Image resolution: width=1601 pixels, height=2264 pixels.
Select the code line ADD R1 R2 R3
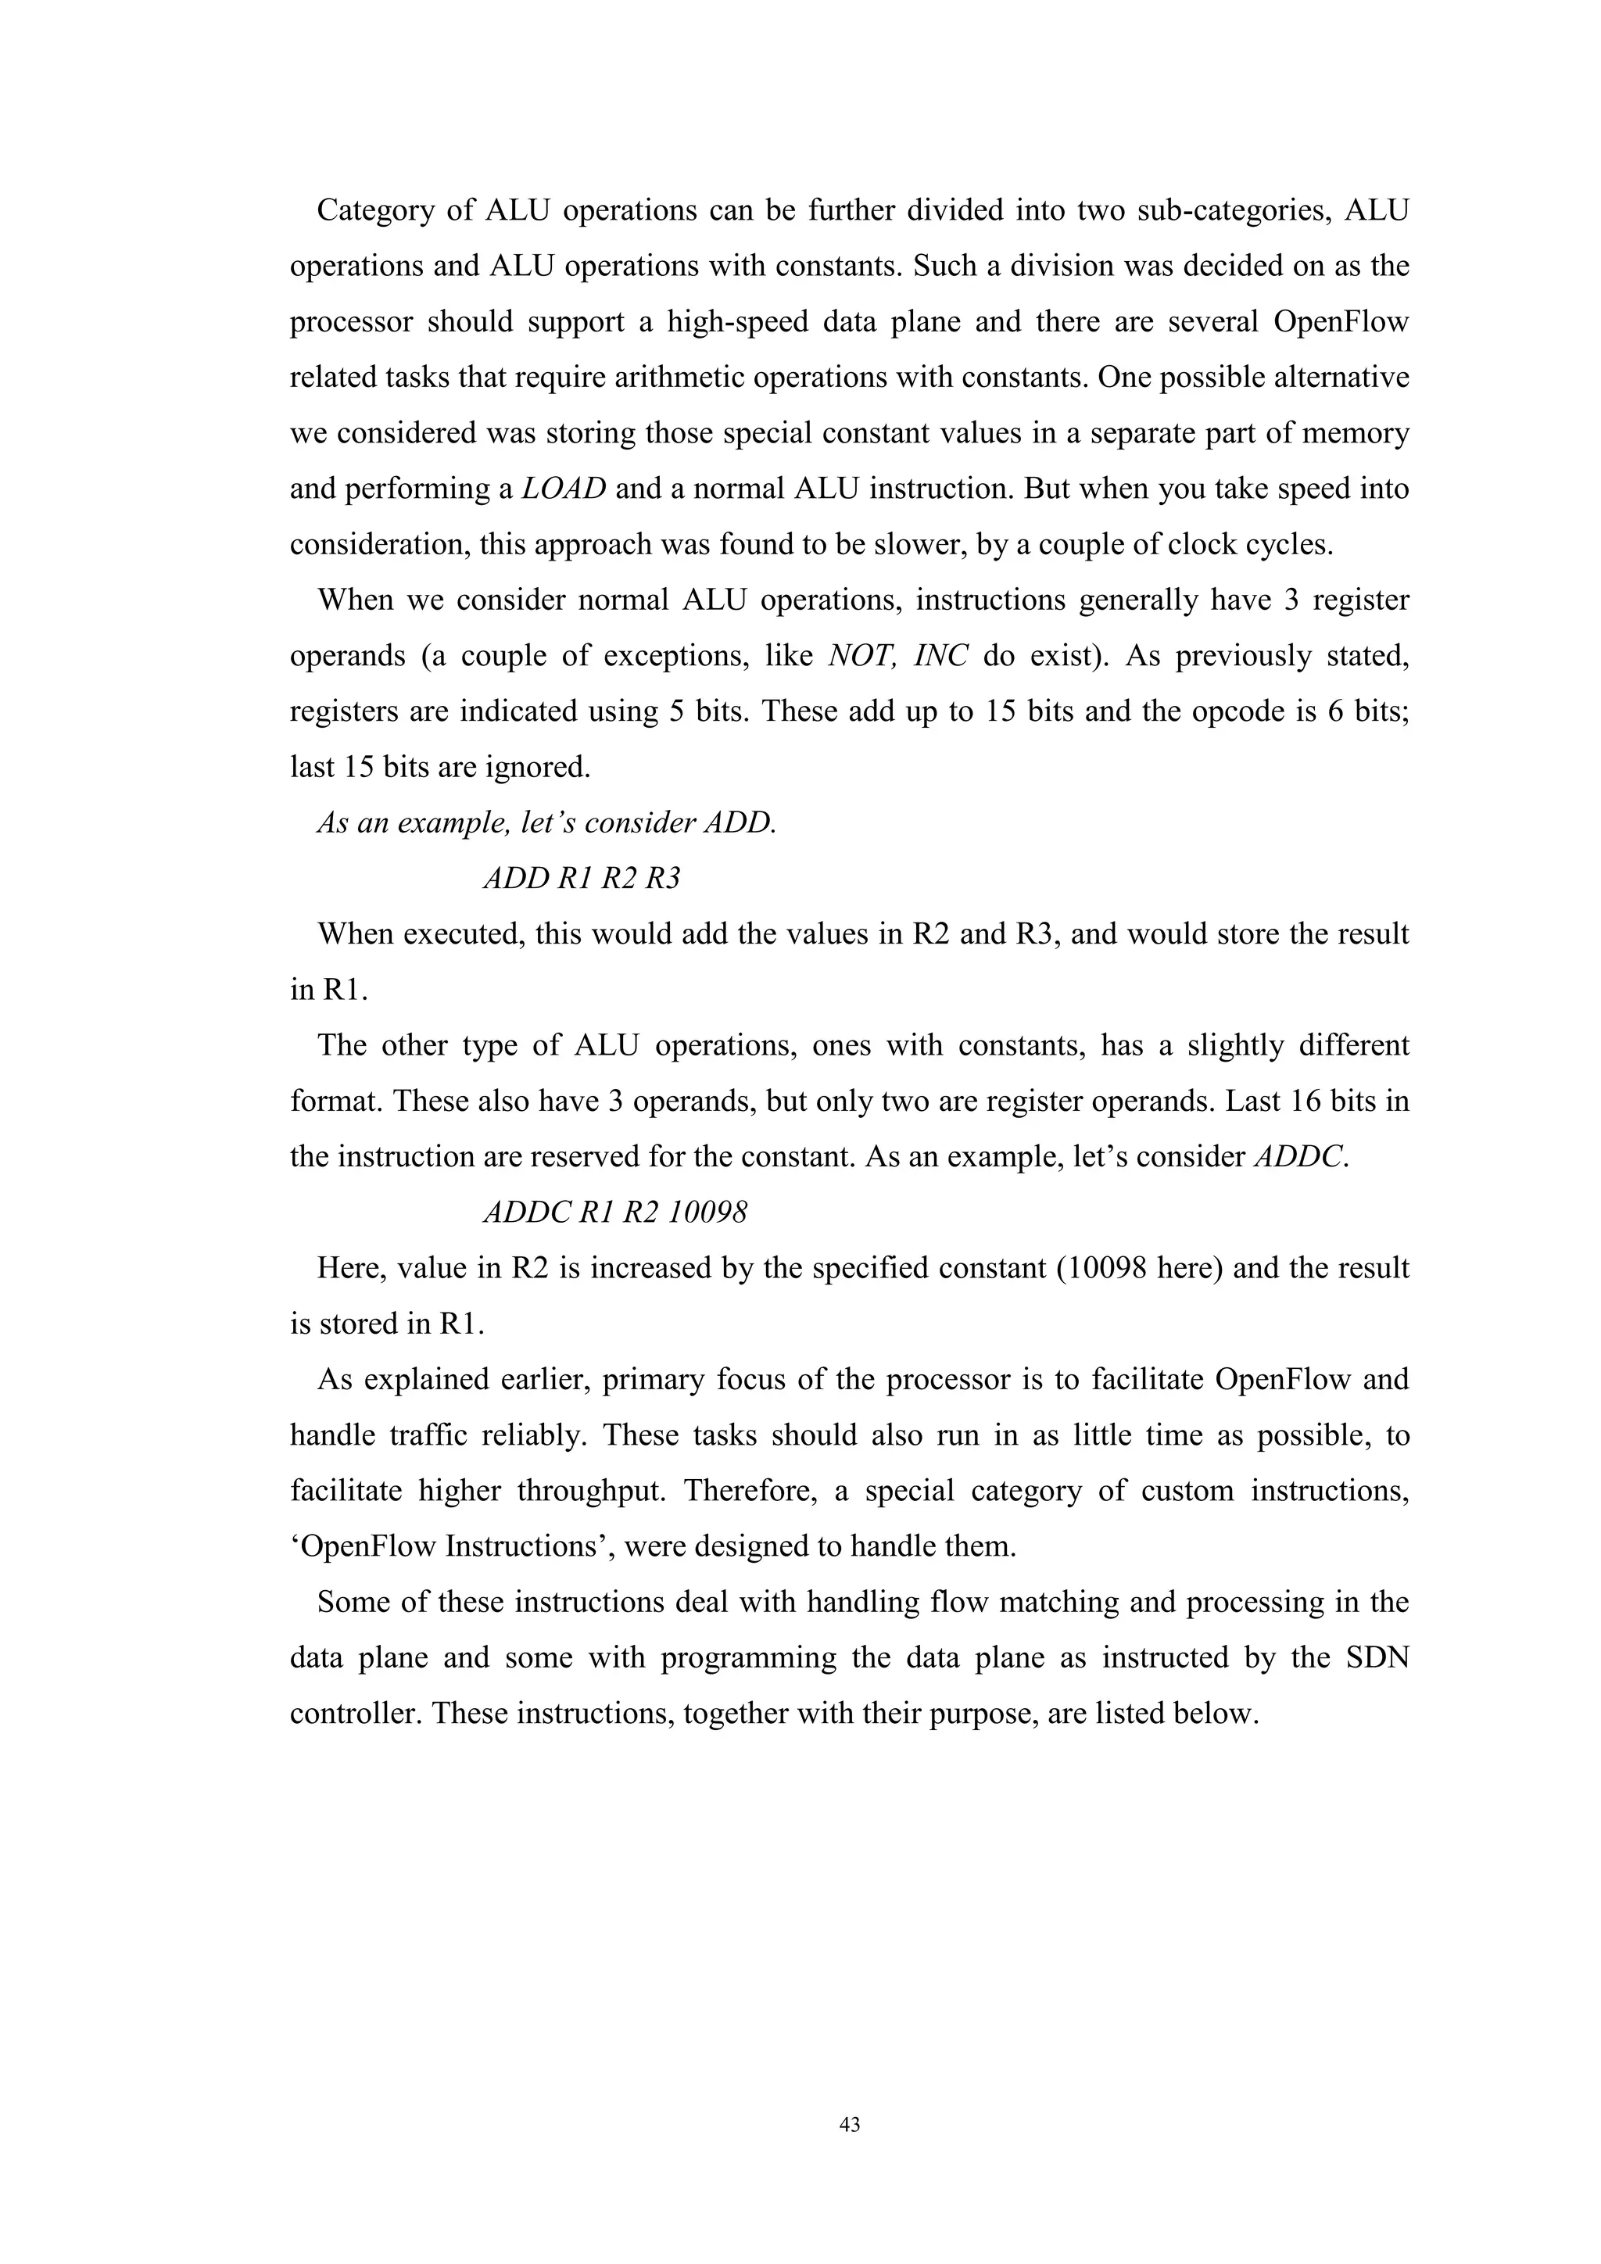click(x=582, y=879)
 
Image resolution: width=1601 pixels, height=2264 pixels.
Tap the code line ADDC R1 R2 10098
click(x=615, y=1212)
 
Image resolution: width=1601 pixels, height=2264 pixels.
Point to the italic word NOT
click(x=860, y=656)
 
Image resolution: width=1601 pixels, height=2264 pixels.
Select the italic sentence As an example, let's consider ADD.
click(x=546, y=822)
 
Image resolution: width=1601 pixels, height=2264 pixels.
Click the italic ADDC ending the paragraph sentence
click(x=1299, y=1155)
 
